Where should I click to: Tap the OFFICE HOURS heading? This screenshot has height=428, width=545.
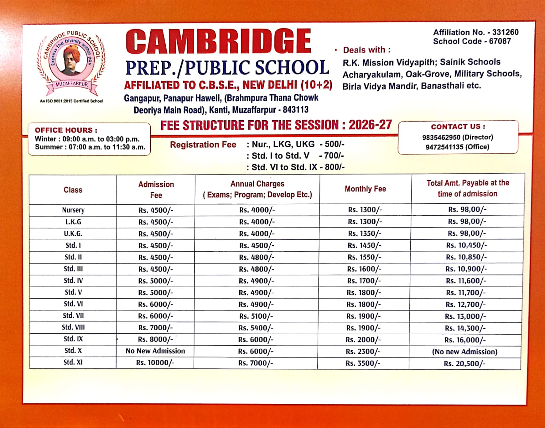[66, 130]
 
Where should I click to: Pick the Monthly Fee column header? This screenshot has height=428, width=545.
[365, 189]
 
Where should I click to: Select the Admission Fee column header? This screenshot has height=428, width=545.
[156, 189]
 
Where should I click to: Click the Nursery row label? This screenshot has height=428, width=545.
[73, 210]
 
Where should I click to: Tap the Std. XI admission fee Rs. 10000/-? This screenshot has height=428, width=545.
[155, 363]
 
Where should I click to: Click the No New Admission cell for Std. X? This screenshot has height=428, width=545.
[155, 351]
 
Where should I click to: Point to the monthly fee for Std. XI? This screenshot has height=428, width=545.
[363, 363]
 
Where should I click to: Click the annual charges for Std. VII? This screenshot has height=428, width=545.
[256, 316]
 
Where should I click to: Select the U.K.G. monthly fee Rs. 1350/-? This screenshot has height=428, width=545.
[364, 234]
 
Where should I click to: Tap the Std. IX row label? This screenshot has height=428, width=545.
[73, 339]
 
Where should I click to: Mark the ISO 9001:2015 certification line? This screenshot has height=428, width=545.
[71, 101]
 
